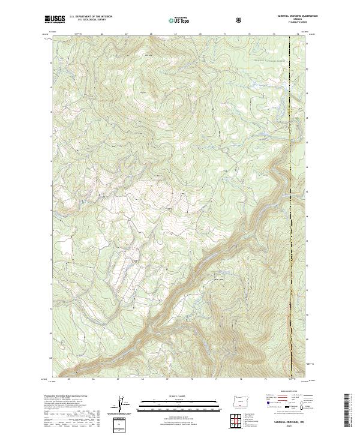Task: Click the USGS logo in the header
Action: (x=55, y=20)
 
